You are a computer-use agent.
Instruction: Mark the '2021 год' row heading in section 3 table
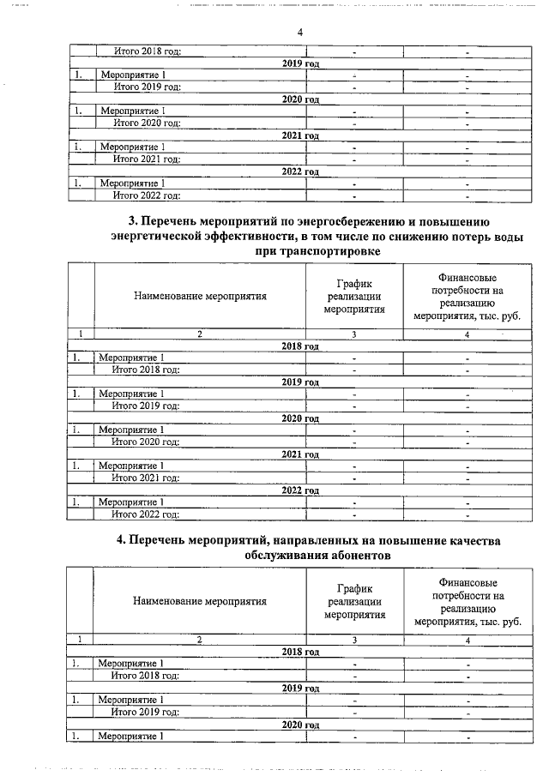point(300,454)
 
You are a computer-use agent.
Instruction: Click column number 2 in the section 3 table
point(199,334)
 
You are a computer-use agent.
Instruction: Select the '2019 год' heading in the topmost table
point(300,63)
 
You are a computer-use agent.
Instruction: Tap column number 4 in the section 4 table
point(468,640)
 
